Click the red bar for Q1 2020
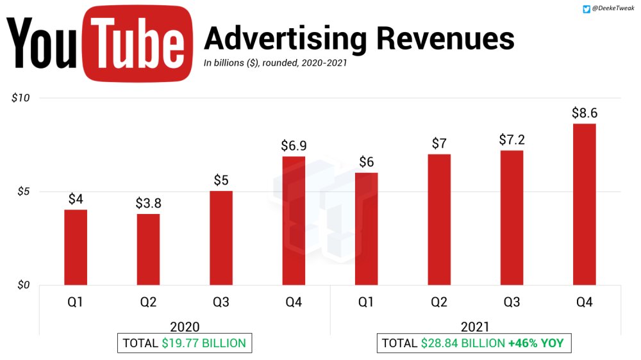click(76, 247)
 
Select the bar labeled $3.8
click(148, 249)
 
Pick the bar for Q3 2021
click(512, 217)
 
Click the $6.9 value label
click(293, 145)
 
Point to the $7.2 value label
click(512, 140)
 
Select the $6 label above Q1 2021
click(366, 162)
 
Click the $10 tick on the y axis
click(21, 98)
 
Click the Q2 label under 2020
click(148, 302)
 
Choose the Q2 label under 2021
click(439, 302)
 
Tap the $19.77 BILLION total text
click(204, 343)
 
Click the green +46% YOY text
click(535, 343)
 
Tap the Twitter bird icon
click(586, 9)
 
